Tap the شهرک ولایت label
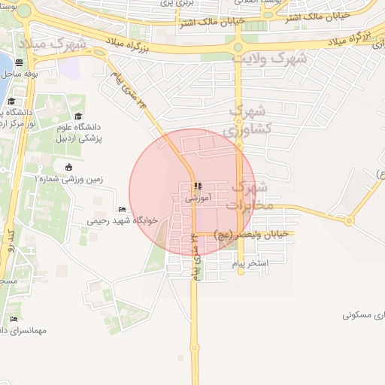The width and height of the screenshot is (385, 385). click(268, 58)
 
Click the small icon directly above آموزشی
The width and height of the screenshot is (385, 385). click(197, 186)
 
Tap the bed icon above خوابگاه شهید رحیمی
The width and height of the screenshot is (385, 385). click(123, 209)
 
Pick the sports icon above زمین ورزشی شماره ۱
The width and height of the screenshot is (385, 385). click(69, 167)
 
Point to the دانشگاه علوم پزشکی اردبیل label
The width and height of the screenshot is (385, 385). click(83, 133)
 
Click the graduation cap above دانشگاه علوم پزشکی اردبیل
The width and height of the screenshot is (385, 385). click(78, 116)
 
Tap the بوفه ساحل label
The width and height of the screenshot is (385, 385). click(20, 74)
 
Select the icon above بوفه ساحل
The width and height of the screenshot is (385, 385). click(19, 63)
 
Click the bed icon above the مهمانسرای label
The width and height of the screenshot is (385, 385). click(14, 319)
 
